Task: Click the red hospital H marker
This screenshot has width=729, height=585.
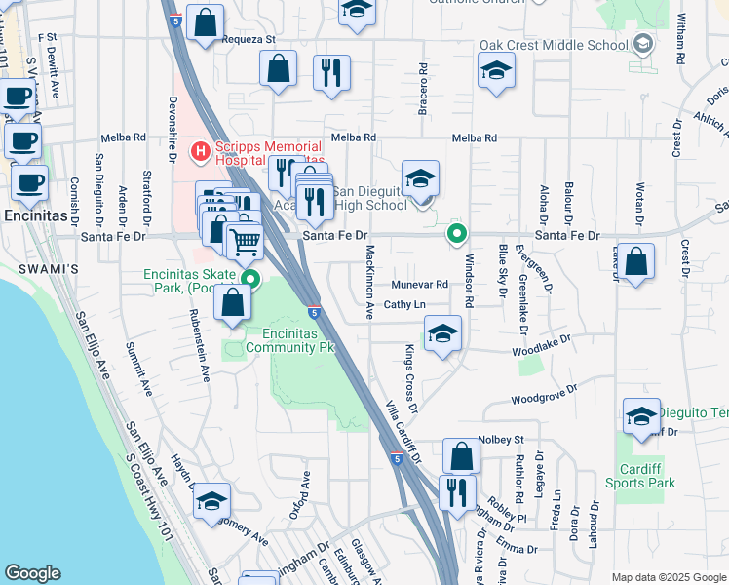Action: point(201,151)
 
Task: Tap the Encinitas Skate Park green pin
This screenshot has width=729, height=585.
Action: point(250,280)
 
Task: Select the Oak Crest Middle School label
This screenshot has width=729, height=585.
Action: point(554,45)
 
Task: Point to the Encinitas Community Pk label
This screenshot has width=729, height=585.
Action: point(292,339)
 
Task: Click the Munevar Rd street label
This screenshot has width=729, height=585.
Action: point(419,285)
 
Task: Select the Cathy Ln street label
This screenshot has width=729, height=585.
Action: point(404,305)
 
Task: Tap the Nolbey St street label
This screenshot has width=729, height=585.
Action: point(502,440)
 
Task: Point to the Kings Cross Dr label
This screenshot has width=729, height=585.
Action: point(412,371)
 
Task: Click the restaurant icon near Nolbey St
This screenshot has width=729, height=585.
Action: point(457,492)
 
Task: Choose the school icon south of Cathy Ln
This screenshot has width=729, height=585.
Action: point(442,334)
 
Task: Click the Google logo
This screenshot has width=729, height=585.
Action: point(33,573)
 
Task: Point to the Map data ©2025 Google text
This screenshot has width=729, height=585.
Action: point(668,577)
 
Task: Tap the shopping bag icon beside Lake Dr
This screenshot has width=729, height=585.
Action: point(635,261)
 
